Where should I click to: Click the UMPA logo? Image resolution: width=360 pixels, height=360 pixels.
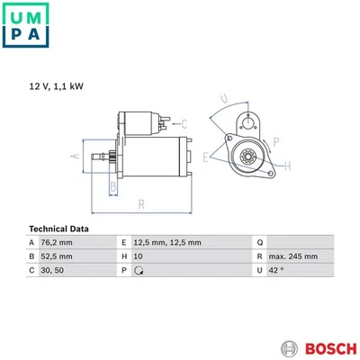(25, 25)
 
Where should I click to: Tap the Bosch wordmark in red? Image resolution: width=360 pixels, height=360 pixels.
(331, 349)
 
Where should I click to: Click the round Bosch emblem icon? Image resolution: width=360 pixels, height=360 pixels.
(290, 349)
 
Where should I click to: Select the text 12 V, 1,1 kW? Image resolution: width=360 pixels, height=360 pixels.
(57, 86)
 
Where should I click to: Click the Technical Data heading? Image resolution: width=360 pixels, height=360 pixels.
(58, 229)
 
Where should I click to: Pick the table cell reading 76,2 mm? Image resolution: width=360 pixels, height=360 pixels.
(57, 242)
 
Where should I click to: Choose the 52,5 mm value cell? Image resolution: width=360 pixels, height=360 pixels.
(57, 256)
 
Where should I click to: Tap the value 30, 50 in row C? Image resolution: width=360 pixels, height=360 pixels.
(52, 270)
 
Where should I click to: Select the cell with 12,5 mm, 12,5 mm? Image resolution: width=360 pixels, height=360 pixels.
(167, 242)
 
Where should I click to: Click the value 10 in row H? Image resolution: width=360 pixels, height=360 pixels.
(138, 256)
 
